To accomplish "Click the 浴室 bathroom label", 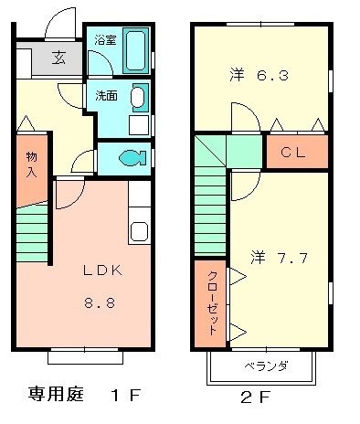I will pos(105,40).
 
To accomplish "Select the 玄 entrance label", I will pos(58,58).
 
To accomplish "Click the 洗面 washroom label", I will pos(105,94).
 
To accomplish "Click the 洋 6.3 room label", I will pos(259,76).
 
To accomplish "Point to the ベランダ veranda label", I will pos(265,366).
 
